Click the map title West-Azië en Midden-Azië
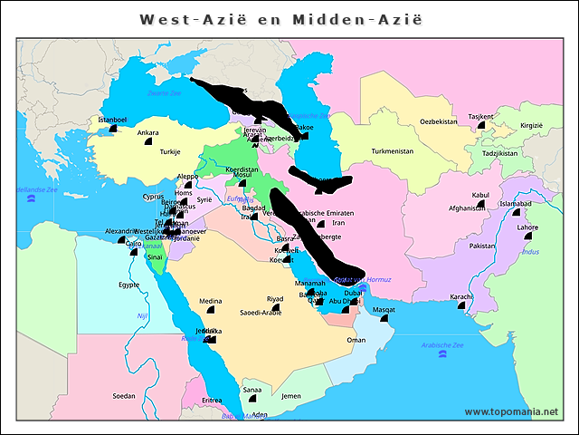point(280,19)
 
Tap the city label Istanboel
point(112,120)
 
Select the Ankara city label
point(147,133)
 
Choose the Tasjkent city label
point(480,117)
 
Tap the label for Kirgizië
point(531,126)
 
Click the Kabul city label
point(480,195)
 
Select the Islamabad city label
point(516,204)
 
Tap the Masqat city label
point(384,310)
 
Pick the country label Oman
point(356,340)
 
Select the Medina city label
point(211,301)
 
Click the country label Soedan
point(124,396)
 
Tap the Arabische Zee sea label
point(442,345)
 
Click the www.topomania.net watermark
point(511,412)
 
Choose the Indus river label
point(530,251)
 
